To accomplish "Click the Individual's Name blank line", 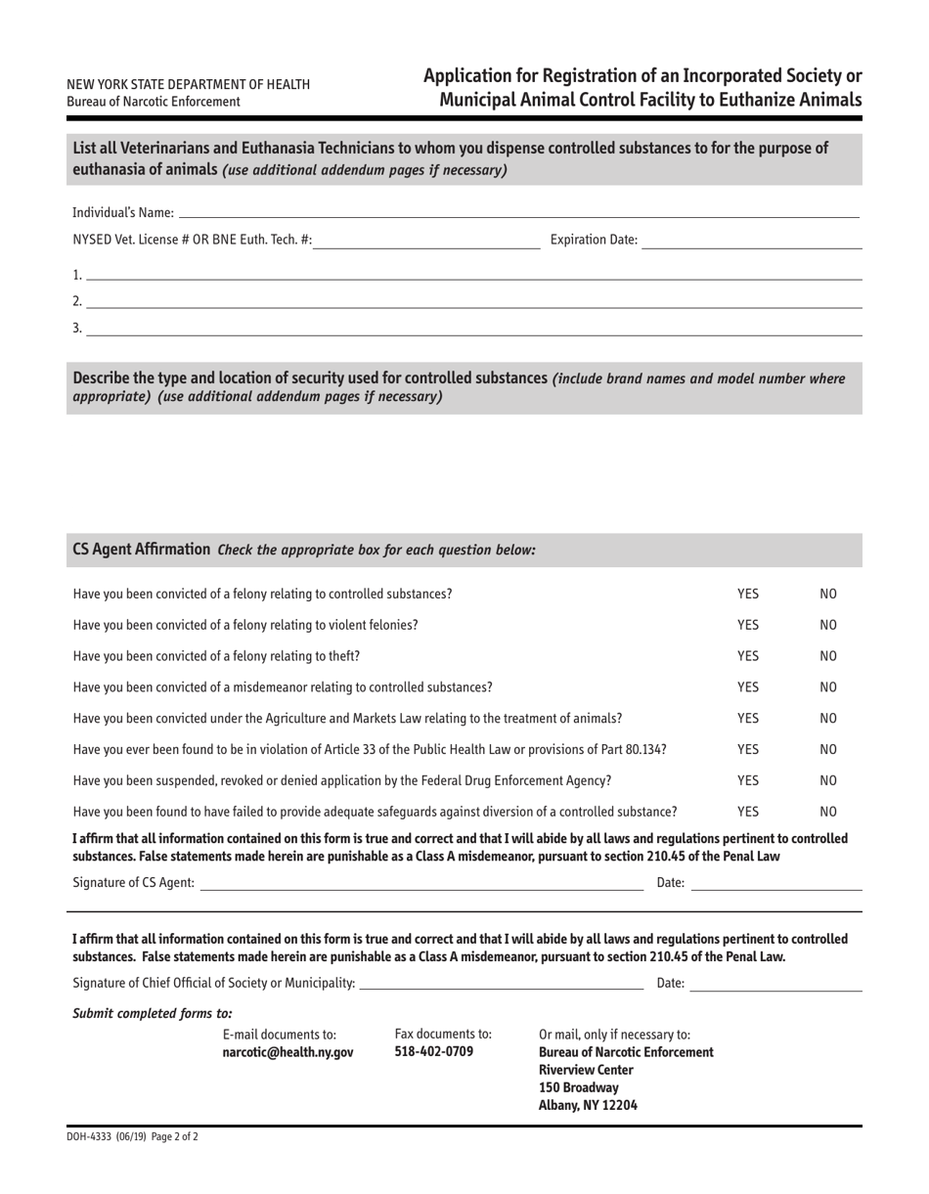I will click(x=518, y=211).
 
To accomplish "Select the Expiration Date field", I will click(x=751, y=241).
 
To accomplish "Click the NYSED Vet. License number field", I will click(x=426, y=241).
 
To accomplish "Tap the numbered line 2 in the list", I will click(x=473, y=301).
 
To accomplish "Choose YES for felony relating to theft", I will click(x=747, y=656).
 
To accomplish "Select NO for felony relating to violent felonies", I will click(x=828, y=625).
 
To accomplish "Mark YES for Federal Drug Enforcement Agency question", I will click(x=747, y=780).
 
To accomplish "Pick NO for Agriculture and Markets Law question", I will click(x=828, y=718).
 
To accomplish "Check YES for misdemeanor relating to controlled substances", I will click(x=747, y=687).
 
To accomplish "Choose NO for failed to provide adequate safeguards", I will click(x=828, y=812).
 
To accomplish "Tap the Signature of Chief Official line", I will click(x=502, y=983).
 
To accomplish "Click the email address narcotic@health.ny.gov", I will click(x=288, y=1052).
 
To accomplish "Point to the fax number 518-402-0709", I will click(x=434, y=1051).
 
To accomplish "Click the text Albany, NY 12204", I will click(x=588, y=1106).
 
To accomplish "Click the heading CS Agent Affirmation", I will click(x=142, y=550).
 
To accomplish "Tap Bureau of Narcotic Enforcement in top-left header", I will click(x=154, y=102).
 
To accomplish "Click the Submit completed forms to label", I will click(x=153, y=1013).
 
